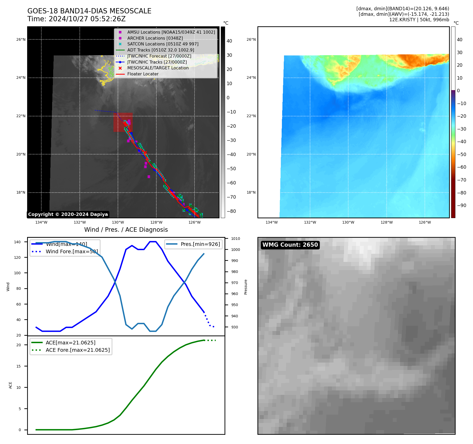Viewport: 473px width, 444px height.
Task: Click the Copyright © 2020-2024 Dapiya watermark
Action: (x=68, y=214)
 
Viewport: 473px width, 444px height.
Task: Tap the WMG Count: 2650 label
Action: (x=290, y=245)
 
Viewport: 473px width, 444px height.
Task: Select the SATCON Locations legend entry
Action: (x=163, y=44)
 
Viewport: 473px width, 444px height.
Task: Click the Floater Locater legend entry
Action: (x=143, y=74)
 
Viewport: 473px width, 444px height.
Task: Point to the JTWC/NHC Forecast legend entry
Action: (x=159, y=56)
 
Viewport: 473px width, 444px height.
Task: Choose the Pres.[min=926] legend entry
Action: (x=200, y=244)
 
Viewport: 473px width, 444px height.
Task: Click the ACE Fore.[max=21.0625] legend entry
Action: (x=78, y=350)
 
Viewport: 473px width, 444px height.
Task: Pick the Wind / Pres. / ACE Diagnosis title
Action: (x=126, y=230)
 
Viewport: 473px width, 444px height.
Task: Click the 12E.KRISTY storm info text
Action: (x=419, y=20)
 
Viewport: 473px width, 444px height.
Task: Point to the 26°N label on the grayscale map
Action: (x=21, y=40)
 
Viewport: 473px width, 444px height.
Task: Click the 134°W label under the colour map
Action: (x=271, y=223)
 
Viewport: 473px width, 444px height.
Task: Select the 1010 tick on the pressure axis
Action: (x=235, y=239)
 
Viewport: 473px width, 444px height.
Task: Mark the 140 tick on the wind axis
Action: (x=17, y=242)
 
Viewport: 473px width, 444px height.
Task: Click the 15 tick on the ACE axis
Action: (x=18, y=366)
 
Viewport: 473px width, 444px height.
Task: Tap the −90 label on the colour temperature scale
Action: (x=461, y=205)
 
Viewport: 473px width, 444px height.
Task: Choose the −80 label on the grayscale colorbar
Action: (x=231, y=211)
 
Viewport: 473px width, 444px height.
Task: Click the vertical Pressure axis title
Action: (x=246, y=287)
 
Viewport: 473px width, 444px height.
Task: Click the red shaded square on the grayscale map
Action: (x=123, y=122)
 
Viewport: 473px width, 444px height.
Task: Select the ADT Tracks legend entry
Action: (x=161, y=50)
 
